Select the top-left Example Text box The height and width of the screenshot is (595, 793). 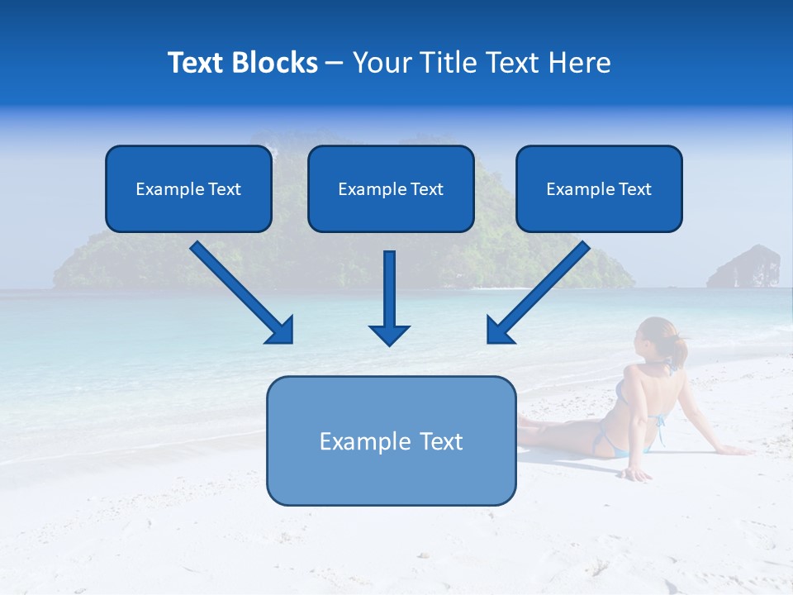[x=188, y=188]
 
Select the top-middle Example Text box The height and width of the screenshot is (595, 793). [x=391, y=188]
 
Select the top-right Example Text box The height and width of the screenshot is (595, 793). [x=599, y=188]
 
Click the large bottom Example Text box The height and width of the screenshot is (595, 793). [x=391, y=440]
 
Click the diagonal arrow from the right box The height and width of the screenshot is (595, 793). [x=541, y=289]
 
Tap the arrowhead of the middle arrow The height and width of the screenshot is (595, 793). [x=389, y=335]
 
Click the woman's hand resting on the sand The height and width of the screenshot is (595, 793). [x=635, y=474]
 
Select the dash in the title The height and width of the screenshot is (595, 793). [x=335, y=63]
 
